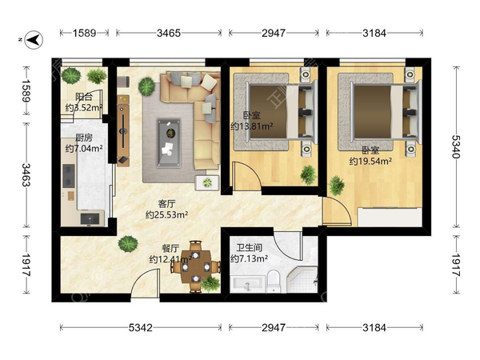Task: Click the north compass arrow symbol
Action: tap(34, 40)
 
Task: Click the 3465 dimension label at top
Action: tap(169, 33)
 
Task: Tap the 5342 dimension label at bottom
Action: tap(140, 328)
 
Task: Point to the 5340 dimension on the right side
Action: tap(456, 146)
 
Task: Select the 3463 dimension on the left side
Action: tap(26, 175)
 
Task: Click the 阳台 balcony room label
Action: tap(84, 98)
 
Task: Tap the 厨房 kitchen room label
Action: tap(84, 138)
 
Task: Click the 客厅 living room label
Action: tap(167, 204)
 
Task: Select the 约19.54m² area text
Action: tap(370, 161)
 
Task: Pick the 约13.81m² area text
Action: tap(252, 126)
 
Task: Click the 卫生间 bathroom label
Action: tap(249, 247)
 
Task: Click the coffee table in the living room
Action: tap(169, 143)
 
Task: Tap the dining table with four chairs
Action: tap(196, 267)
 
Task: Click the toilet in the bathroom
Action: tap(274, 281)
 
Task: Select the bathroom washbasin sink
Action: tap(247, 284)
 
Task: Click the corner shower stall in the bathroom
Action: tap(302, 279)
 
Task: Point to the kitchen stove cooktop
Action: tap(69, 176)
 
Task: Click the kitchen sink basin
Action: tap(90, 219)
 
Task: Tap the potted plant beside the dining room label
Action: tap(128, 244)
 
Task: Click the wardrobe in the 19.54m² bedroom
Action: tap(390, 218)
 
